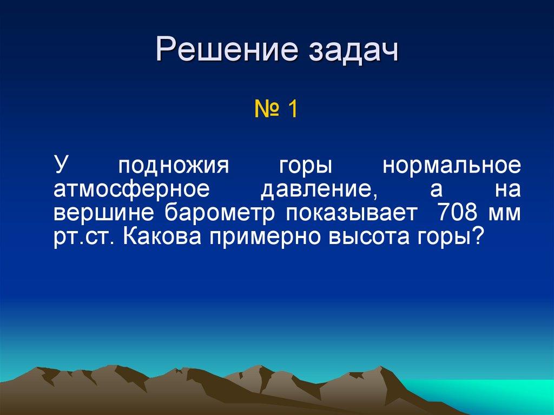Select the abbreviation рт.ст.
[x=84, y=238]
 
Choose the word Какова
[x=162, y=237]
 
